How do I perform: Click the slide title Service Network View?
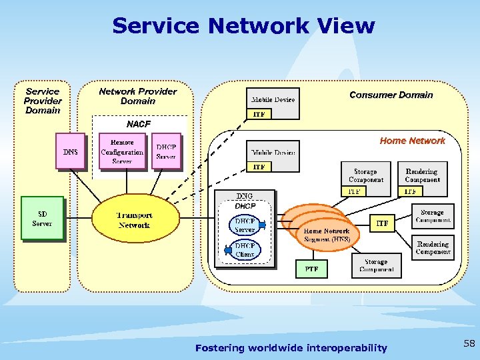[x=243, y=26]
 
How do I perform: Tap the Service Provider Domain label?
[x=43, y=101]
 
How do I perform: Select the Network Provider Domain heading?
[x=137, y=96]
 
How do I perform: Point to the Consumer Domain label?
[x=391, y=95]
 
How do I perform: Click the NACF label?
[x=139, y=124]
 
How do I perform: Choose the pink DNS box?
[x=70, y=152]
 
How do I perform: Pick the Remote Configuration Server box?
[x=122, y=151]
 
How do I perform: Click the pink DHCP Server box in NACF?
[x=166, y=151]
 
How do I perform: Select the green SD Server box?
[x=42, y=218]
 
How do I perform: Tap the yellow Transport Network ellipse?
[x=135, y=220]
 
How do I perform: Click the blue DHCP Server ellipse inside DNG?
[x=245, y=225]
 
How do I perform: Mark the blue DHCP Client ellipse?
[x=245, y=250]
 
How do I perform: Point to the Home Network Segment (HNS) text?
[x=327, y=235]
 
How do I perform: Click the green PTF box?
[x=311, y=269]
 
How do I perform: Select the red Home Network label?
[x=412, y=141]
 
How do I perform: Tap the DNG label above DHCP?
[x=245, y=196]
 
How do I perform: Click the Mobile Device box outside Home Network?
[x=273, y=100]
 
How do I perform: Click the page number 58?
[x=469, y=344]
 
